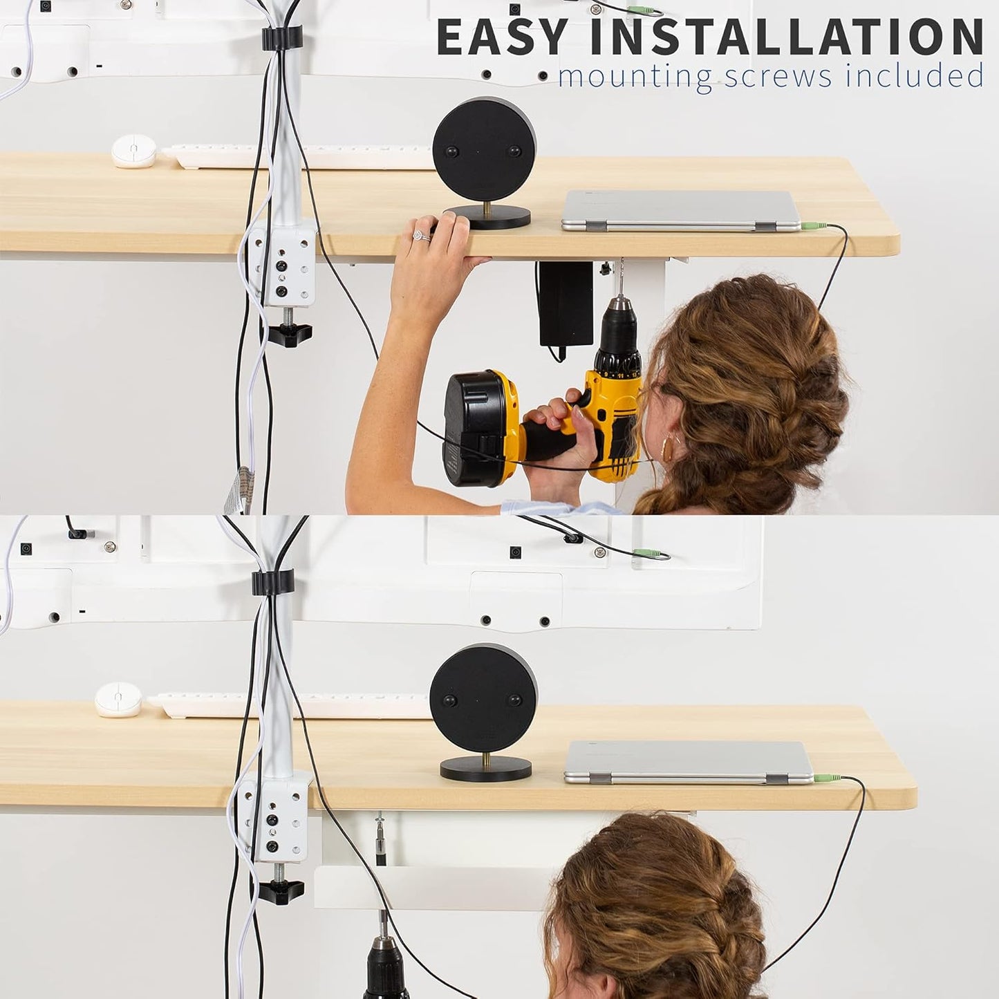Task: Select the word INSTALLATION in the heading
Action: [786, 37]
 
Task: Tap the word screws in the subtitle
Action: [777, 76]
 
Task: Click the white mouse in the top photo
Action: [133, 151]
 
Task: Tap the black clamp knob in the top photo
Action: [289, 335]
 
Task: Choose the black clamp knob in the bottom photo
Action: [281, 890]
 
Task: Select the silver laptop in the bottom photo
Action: [689, 761]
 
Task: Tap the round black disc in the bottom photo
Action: [483, 698]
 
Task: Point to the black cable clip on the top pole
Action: [281, 38]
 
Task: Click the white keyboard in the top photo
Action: [297, 157]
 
